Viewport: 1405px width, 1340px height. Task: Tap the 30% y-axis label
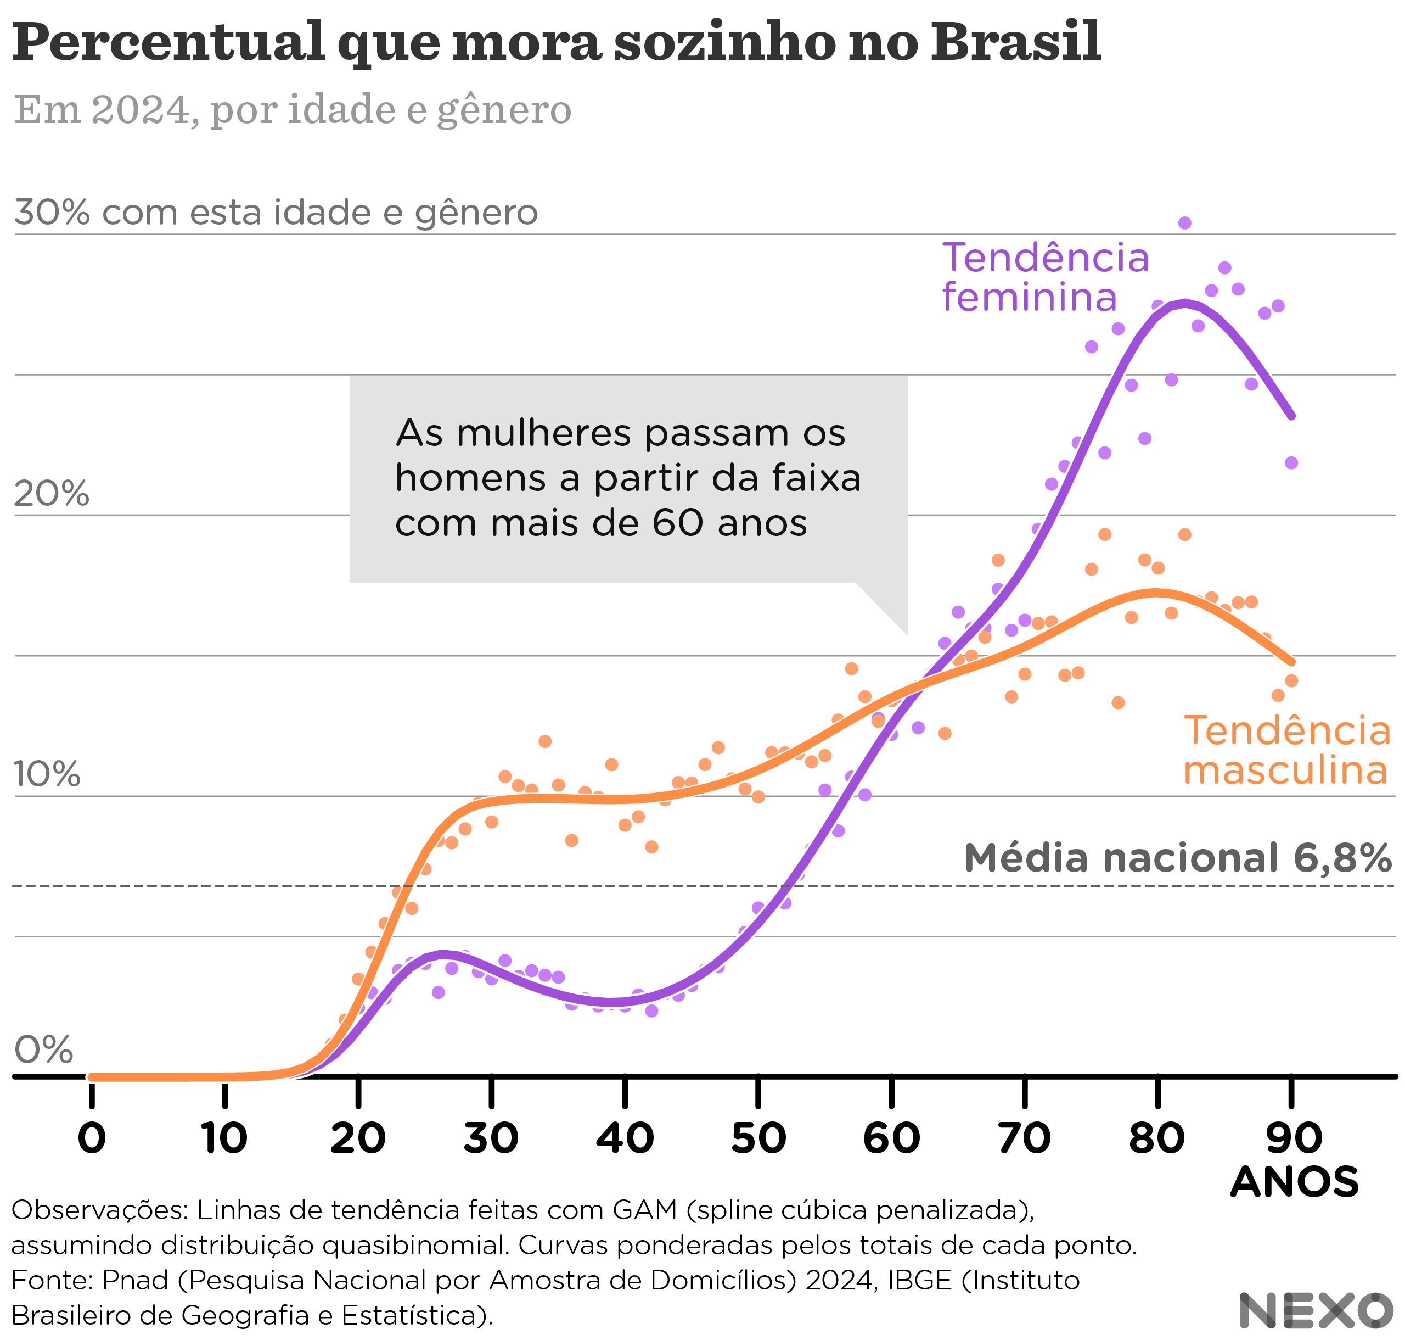coord(52,213)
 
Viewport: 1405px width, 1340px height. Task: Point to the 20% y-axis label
coord(52,494)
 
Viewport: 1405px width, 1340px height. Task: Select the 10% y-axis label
coord(47,774)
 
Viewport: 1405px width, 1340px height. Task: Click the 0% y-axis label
coord(43,1050)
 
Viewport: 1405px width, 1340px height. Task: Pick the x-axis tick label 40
coord(625,1138)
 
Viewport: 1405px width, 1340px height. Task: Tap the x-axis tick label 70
coord(1025,1138)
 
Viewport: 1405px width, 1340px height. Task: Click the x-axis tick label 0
coord(92,1138)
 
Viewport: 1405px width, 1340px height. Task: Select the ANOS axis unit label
coord(1294,1182)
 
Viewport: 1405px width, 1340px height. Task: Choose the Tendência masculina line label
coord(1286,751)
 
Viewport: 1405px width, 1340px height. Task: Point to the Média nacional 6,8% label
coord(1177,858)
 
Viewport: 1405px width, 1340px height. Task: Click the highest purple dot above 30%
coord(1184,223)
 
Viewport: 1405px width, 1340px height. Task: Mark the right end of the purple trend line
coord(1291,416)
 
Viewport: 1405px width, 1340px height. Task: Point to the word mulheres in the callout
coord(550,433)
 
